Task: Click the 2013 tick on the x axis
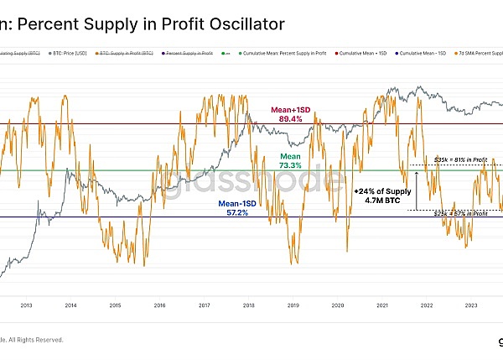(26, 305)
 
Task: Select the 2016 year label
(159, 305)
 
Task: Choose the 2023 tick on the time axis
(470, 305)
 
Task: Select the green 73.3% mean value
(290, 166)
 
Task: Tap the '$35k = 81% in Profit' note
(461, 159)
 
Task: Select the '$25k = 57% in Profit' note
(461, 214)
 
